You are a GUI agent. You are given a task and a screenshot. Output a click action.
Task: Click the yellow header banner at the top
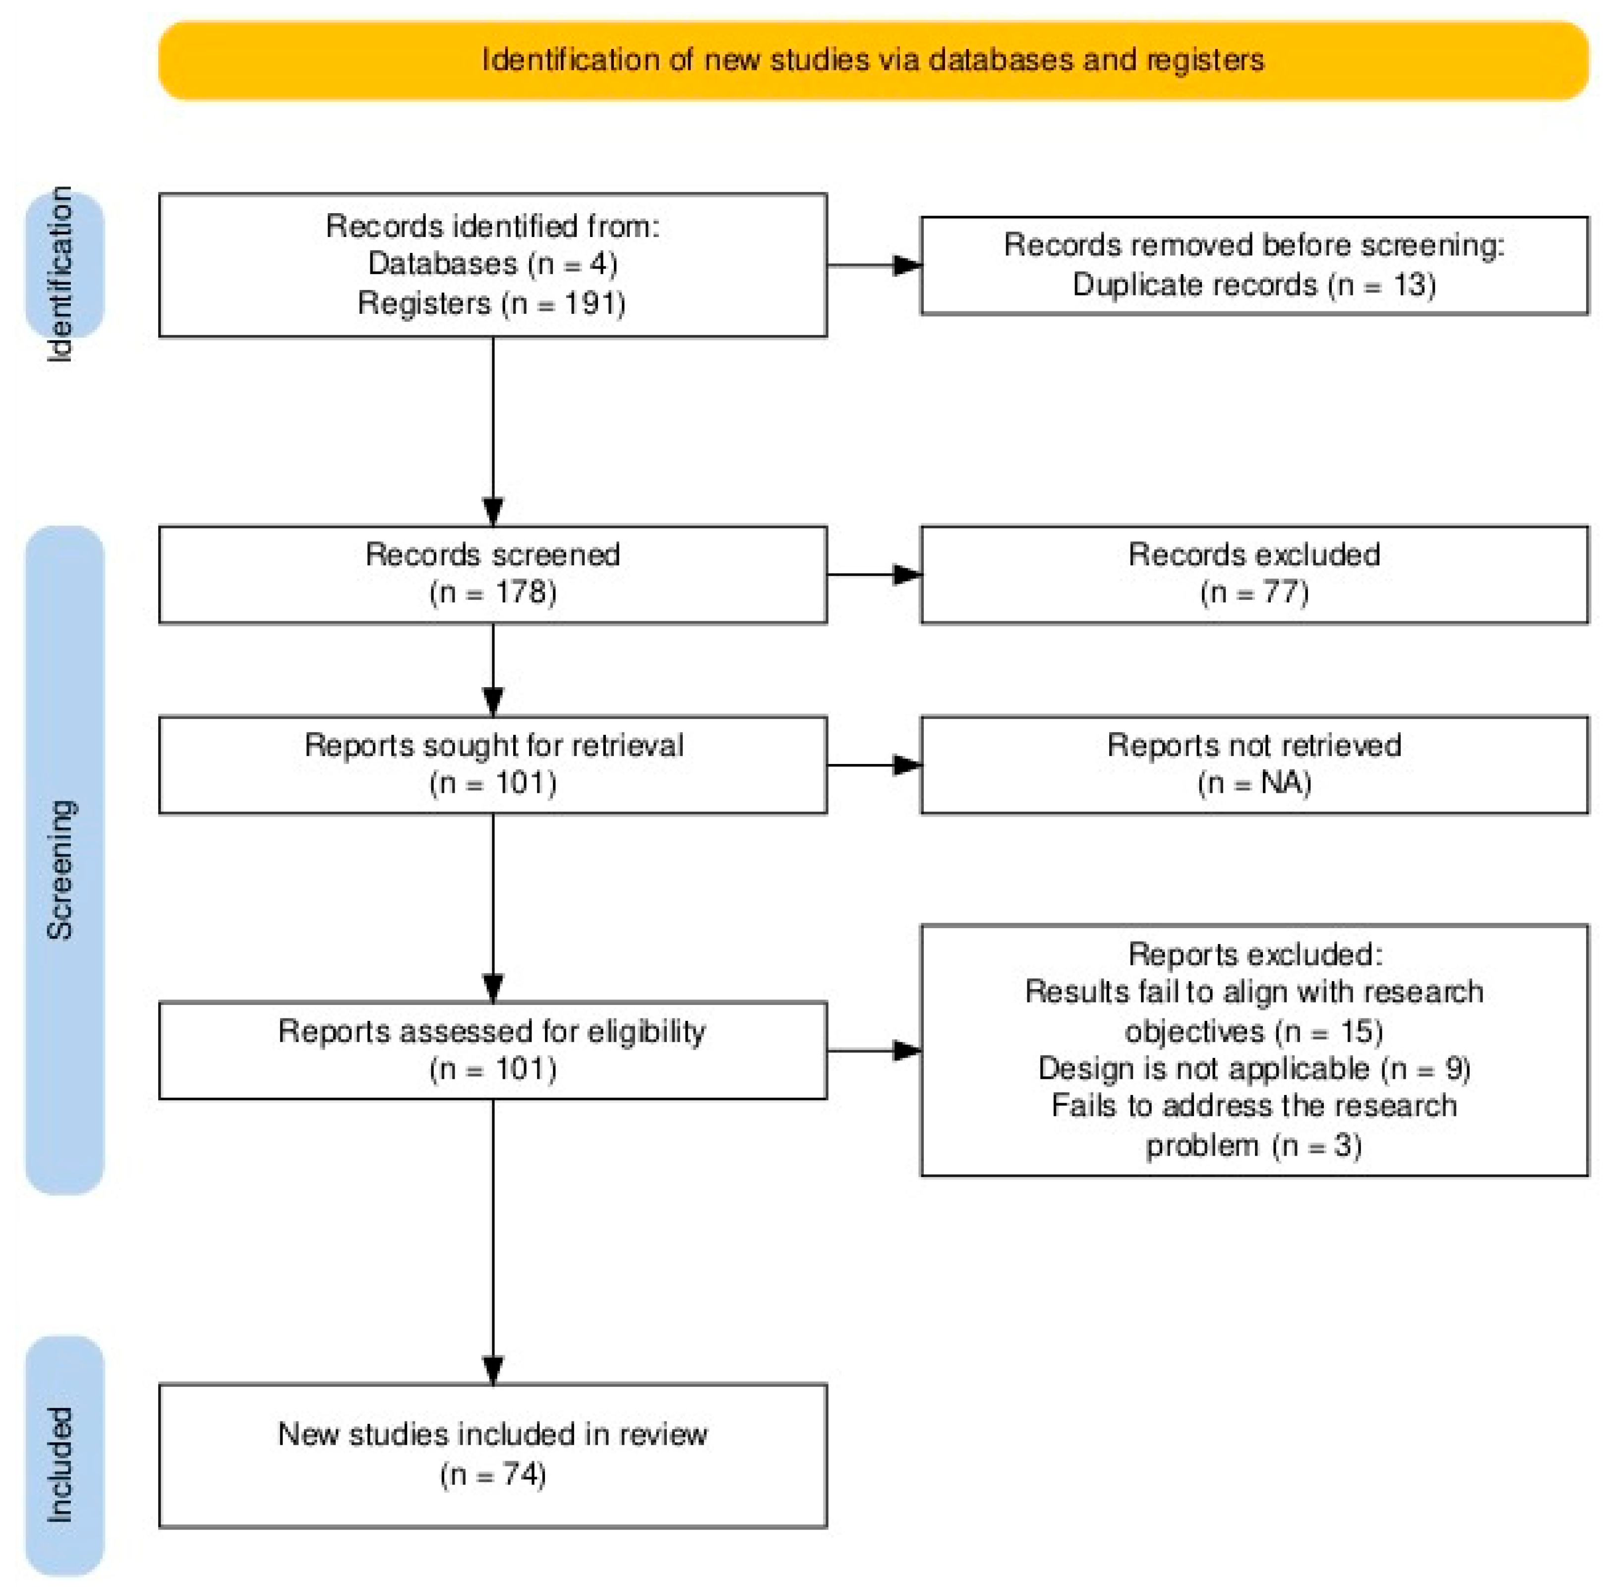click(x=873, y=60)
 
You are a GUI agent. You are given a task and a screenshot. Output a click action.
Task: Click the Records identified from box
click(x=493, y=265)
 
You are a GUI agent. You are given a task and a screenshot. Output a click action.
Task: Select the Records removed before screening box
click(x=1254, y=266)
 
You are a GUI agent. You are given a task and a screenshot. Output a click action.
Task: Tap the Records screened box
click(x=493, y=574)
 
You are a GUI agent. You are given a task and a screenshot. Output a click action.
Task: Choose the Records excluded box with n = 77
click(x=1254, y=574)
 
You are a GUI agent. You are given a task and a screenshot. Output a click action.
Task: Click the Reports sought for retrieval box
click(x=493, y=765)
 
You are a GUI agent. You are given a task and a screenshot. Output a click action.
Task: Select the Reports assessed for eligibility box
click(x=493, y=1050)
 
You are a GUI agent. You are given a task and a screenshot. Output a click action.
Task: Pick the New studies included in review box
click(x=493, y=1456)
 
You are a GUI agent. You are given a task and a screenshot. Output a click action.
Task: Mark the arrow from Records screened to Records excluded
click(x=874, y=574)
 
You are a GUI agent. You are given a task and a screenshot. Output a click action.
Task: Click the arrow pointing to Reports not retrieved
click(x=874, y=765)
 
